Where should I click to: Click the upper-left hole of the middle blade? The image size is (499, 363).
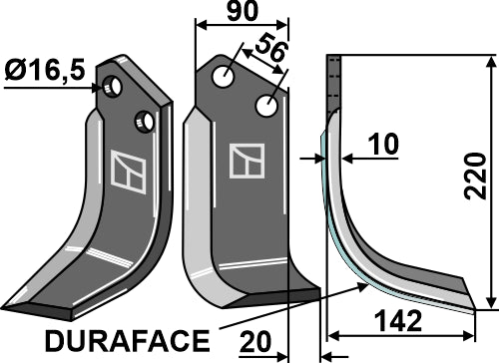tap(229, 75)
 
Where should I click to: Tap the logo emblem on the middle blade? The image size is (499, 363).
tap(247, 162)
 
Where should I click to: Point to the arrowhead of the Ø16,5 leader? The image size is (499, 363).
tap(100, 88)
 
